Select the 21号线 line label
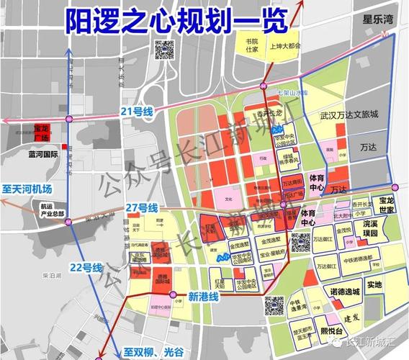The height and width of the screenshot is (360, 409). coord(138,111)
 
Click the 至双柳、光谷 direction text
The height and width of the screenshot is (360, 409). coord(158,352)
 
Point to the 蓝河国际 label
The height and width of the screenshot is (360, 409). coord(43,153)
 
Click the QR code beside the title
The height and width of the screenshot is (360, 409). coord(165,50)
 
